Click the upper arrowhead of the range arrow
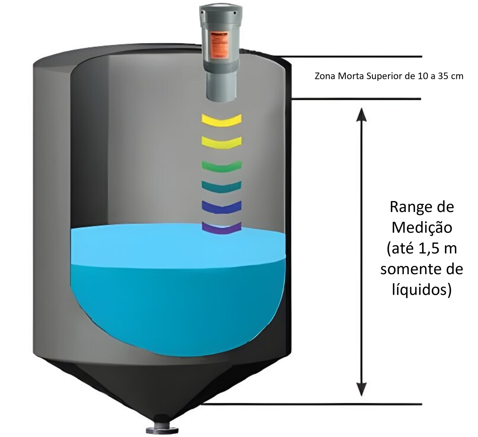click(361, 114)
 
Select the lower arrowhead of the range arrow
click(361, 389)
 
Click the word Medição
click(422, 227)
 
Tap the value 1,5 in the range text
click(428, 249)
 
